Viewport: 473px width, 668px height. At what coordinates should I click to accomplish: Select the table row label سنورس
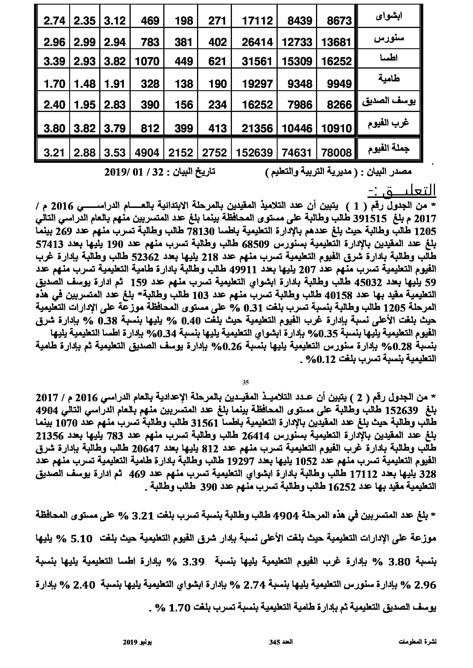(x=389, y=38)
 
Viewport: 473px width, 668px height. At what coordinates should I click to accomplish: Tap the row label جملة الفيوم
(x=389, y=149)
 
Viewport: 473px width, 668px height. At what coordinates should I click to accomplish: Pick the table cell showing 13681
(x=336, y=43)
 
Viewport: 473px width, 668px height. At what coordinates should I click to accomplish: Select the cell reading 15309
(x=297, y=61)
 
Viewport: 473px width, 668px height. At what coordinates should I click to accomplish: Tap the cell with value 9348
(x=299, y=84)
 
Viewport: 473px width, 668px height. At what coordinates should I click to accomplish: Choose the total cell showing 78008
(x=336, y=153)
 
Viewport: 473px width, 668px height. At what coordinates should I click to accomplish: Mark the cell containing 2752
(x=215, y=153)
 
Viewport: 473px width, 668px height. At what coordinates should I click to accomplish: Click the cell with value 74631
(x=297, y=153)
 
